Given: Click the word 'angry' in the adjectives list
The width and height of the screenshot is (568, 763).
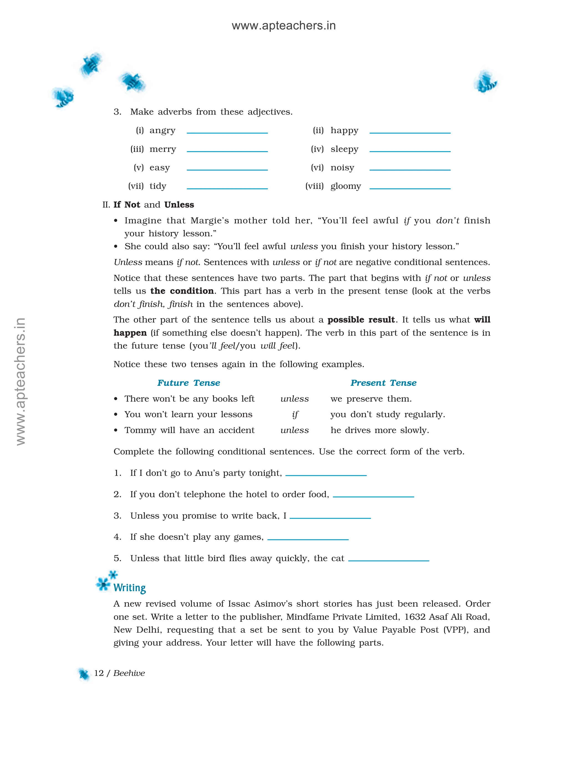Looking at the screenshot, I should pyautogui.click(x=162, y=131).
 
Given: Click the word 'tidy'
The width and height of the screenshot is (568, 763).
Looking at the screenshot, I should pyautogui.click(x=158, y=187).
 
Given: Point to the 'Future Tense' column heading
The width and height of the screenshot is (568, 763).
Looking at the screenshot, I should pyautogui.click(x=188, y=383).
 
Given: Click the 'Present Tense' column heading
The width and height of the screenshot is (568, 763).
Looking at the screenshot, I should pyautogui.click(x=383, y=383).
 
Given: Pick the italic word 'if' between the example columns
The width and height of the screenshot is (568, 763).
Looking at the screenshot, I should pyautogui.click(x=295, y=414).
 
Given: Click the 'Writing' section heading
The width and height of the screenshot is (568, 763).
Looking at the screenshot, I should pyautogui.click(x=130, y=588).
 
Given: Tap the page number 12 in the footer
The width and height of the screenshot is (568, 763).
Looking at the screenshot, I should pyautogui.click(x=99, y=673).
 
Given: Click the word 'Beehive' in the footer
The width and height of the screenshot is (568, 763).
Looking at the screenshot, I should pyautogui.click(x=129, y=673).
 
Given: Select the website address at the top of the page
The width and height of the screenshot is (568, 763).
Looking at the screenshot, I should pyautogui.click(x=284, y=26).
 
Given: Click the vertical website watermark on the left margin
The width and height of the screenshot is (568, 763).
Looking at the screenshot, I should pyautogui.click(x=21, y=382).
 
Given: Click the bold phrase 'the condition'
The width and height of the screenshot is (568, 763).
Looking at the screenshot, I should pyautogui.click(x=182, y=291).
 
